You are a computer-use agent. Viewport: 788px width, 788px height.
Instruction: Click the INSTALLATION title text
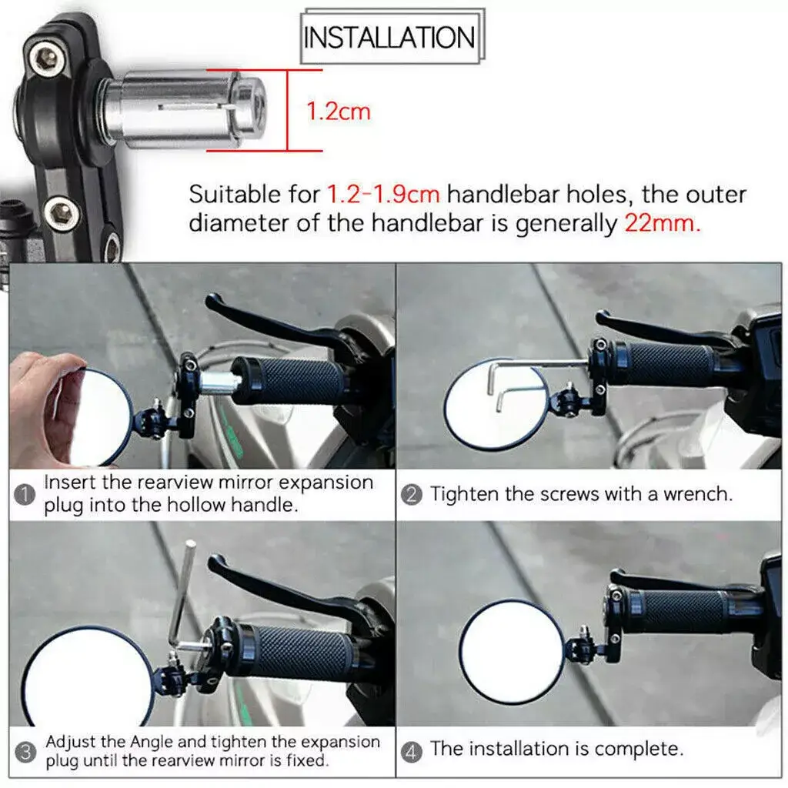389,38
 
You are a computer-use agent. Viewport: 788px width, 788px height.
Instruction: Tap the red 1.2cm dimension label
339,111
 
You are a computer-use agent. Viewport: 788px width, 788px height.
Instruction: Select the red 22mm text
662,222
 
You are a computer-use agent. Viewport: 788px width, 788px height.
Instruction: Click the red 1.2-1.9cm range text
383,194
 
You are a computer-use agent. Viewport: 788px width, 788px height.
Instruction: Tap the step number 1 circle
24,495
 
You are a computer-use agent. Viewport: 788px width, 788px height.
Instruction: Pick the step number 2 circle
411,495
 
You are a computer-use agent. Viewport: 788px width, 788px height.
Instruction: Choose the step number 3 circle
25,753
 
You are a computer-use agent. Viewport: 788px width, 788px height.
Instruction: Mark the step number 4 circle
411,753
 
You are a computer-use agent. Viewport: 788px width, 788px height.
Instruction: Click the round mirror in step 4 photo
512,651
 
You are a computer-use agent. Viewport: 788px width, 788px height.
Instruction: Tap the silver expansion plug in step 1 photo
217,382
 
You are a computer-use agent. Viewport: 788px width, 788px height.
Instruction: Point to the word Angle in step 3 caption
152,743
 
